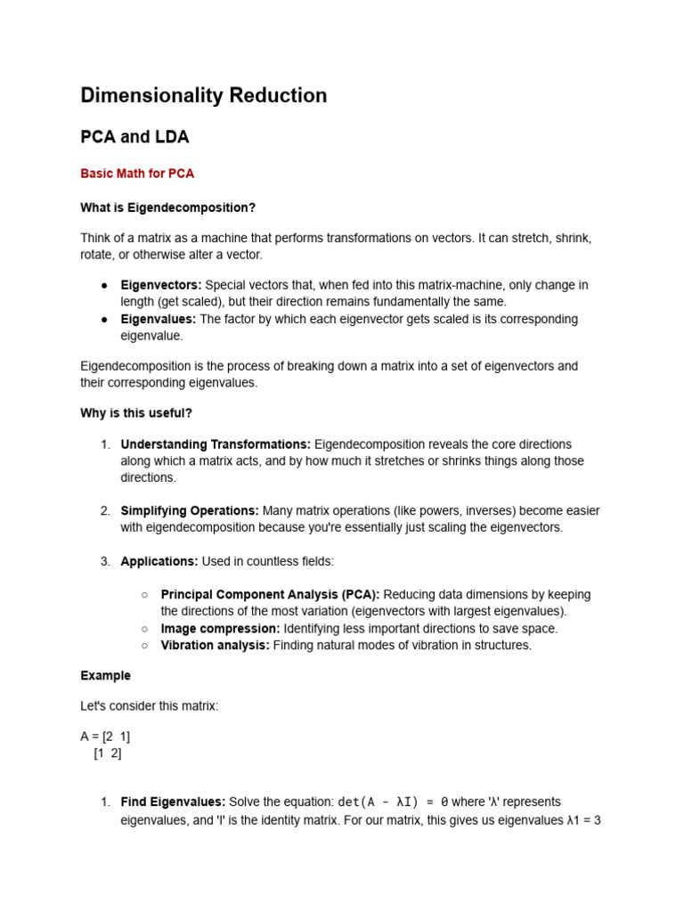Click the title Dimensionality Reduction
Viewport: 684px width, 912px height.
pyautogui.click(x=203, y=95)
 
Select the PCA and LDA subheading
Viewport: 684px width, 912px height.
pyautogui.click(x=134, y=137)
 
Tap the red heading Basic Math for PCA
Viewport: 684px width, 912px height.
pyautogui.click(x=137, y=174)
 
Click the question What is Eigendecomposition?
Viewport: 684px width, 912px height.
pyautogui.click(x=167, y=208)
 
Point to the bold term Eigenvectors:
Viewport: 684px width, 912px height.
pyautogui.click(x=161, y=285)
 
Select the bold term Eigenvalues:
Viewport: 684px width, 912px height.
pyautogui.click(x=158, y=319)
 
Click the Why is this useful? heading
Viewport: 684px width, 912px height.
pyautogui.click(x=136, y=413)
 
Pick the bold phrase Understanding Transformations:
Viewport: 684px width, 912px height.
pyautogui.click(x=216, y=444)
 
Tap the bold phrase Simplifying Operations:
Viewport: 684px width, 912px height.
pyautogui.click(x=190, y=511)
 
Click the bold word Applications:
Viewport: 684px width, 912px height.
pyautogui.click(x=159, y=561)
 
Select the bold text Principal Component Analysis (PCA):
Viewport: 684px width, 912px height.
pyautogui.click(x=270, y=594)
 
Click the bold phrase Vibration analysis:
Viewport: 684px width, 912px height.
pyautogui.click(x=215, y=646)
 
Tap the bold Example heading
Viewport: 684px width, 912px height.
pyautogui.click(x=105, y=676)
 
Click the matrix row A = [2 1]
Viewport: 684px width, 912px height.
pyautogui.click(x=105, y=737)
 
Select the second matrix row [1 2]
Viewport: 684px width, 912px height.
pyautogui.click(x=108, y=753)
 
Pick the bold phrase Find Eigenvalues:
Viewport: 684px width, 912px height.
pyautogui.click(x=173, y=802)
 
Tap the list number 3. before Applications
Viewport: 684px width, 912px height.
pyautogui.click(x=105, y=561)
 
